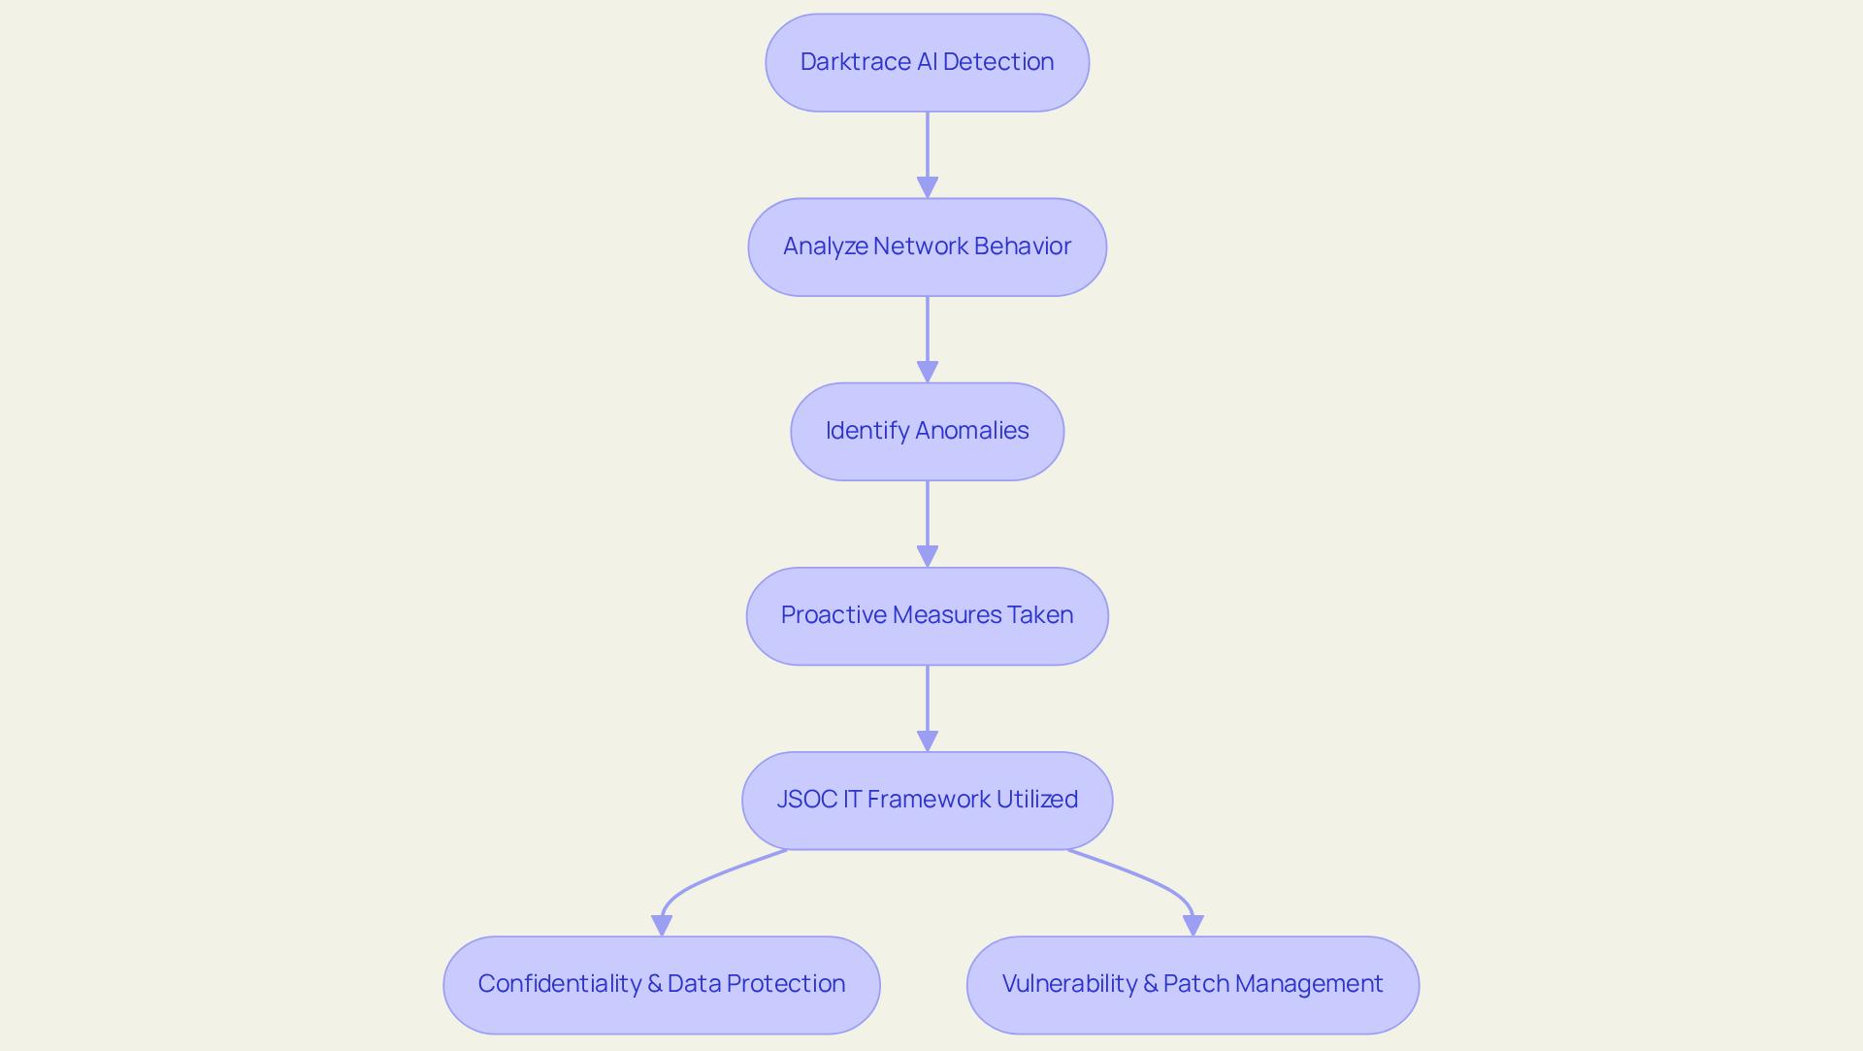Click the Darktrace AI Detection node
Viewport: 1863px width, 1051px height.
(x=927, y=62)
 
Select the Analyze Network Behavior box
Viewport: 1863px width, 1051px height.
(x=927, y=246)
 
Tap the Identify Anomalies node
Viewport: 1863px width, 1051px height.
(x=927, y=431)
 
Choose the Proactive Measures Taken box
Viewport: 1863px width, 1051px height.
(x=927, y=615)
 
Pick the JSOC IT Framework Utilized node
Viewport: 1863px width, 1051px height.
(x=927, y=800)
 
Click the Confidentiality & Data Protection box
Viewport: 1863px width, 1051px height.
(x=661, y=984)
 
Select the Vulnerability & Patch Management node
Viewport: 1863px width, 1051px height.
(x=1193, y=984)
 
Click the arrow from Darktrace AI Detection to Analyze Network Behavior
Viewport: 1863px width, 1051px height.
(x=928, y=150)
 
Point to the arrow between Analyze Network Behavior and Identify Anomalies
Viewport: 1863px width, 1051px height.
(x=928, y=335)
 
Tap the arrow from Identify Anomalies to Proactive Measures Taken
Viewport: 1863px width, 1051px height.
(x=928, y=519)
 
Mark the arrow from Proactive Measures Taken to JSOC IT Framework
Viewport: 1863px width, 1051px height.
(x=928, y=704)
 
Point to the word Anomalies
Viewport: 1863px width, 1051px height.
(x=972, y=431)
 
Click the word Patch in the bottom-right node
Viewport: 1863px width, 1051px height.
(x=1196, y=984)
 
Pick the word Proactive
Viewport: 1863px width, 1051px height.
(x=833, y=615)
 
